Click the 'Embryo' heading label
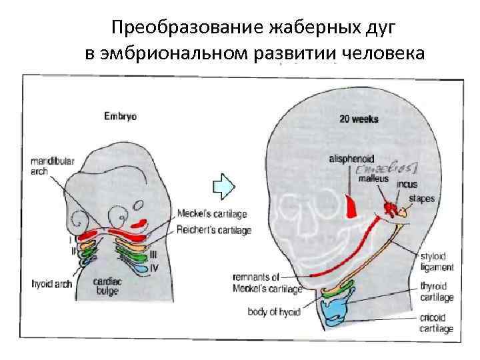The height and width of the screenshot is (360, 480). pos(120,116)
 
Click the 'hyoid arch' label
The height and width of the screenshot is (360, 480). pos(51,283)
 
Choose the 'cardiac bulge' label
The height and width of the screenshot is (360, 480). pos(107,286)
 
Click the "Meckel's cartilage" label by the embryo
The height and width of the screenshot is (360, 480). pos(213,215)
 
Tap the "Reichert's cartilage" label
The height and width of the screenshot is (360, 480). pos(214,231)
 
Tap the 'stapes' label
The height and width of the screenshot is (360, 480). pos(423,198)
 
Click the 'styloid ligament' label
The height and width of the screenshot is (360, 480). pos(437,262)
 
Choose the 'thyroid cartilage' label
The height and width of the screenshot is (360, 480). pos(437,292)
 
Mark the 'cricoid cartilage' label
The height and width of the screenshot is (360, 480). pos(437,323)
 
